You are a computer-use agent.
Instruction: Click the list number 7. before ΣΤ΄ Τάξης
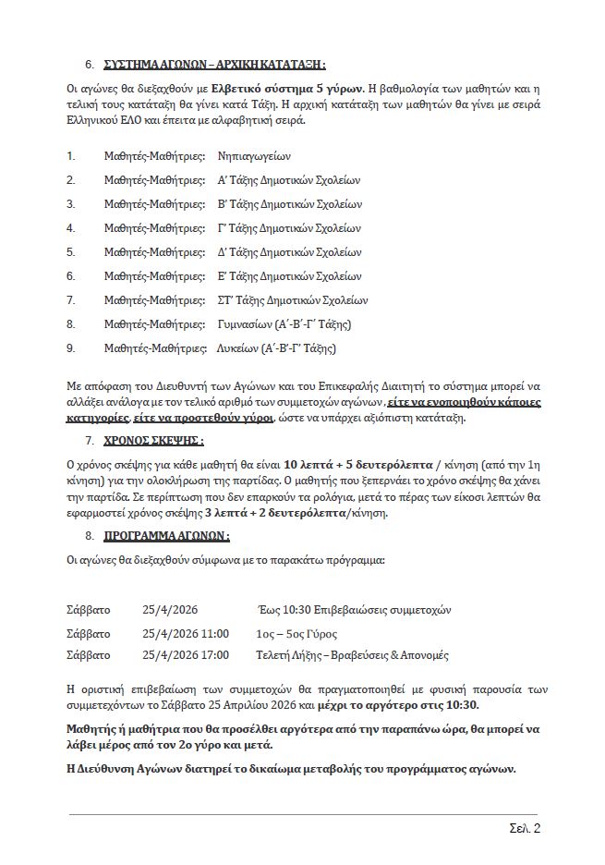[71, 300]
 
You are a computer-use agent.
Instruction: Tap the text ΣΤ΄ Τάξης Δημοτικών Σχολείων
[293, 300]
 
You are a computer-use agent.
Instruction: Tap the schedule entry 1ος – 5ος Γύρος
[296, 634]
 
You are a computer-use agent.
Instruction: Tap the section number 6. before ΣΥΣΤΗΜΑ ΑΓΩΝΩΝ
[90, 66]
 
